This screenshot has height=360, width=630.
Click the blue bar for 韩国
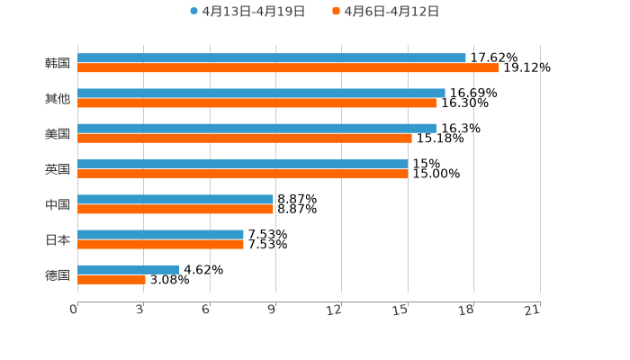point(272,58)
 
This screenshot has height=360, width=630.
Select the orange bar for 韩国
point(288,68)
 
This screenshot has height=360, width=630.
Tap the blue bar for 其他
point(261,93)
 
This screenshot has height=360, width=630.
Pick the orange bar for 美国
point(245,139)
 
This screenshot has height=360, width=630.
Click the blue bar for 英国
point(243,164)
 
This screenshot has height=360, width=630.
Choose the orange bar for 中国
point(175,210)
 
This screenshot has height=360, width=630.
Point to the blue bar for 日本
point(160,234)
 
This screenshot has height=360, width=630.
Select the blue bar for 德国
point(129,269)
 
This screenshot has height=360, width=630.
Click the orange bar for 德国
point(112,280)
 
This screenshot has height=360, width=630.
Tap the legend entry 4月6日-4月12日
point(391,12)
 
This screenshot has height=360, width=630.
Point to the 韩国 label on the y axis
point(58,63)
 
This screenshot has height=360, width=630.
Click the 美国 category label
point(58,133)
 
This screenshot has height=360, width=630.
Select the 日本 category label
point(58,239)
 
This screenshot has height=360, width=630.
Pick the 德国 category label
point(58,274)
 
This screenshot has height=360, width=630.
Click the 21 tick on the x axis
point(532,310)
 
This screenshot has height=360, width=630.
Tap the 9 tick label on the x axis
point(272,310)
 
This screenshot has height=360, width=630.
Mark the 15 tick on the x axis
point(400,310)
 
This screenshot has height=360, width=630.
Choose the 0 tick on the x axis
point(74,310)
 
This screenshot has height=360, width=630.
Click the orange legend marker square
point(336,12)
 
